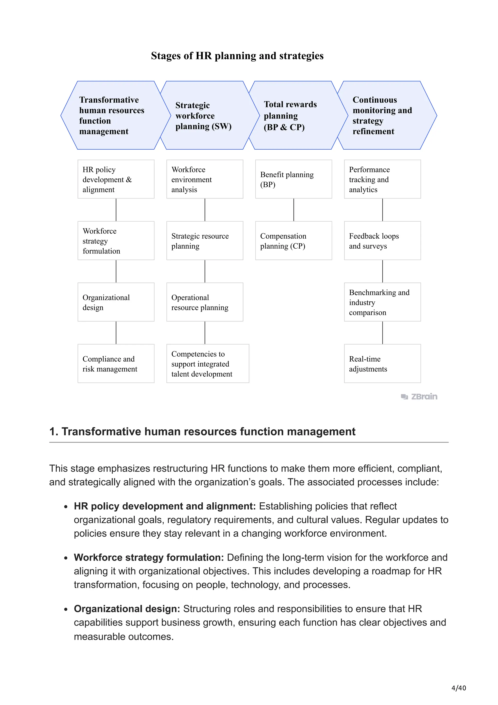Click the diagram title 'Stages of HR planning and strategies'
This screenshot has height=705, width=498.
click(237, 55)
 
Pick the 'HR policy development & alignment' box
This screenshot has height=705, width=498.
click(116, 179)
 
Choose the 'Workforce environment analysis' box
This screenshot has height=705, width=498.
click(205, 179)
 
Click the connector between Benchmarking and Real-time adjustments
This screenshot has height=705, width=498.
click(382, 333)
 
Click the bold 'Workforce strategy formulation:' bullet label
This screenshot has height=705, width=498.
click(149, 557)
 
